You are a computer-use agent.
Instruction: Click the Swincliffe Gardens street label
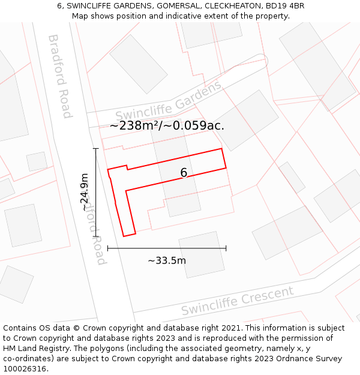(x=168, y=100)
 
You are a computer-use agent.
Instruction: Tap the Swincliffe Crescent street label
(x=238, y=301)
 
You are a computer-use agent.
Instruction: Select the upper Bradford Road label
(x=60, y=76)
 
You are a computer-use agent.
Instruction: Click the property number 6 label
(x=184, y=173)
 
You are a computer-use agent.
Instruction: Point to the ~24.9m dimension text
(x=85, y=192)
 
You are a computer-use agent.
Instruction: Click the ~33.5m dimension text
(x=167, y=260)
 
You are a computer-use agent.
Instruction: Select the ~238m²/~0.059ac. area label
(x=167, y=125)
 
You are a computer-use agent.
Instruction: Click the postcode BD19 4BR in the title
(x=283, y=5)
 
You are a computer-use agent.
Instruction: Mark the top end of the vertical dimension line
(x=95, y=148)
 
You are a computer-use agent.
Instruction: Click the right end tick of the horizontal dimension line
(x=226, y=248)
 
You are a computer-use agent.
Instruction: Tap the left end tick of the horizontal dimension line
(x=108, y=248)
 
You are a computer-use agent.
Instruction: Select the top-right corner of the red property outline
(x=222, y=149)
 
